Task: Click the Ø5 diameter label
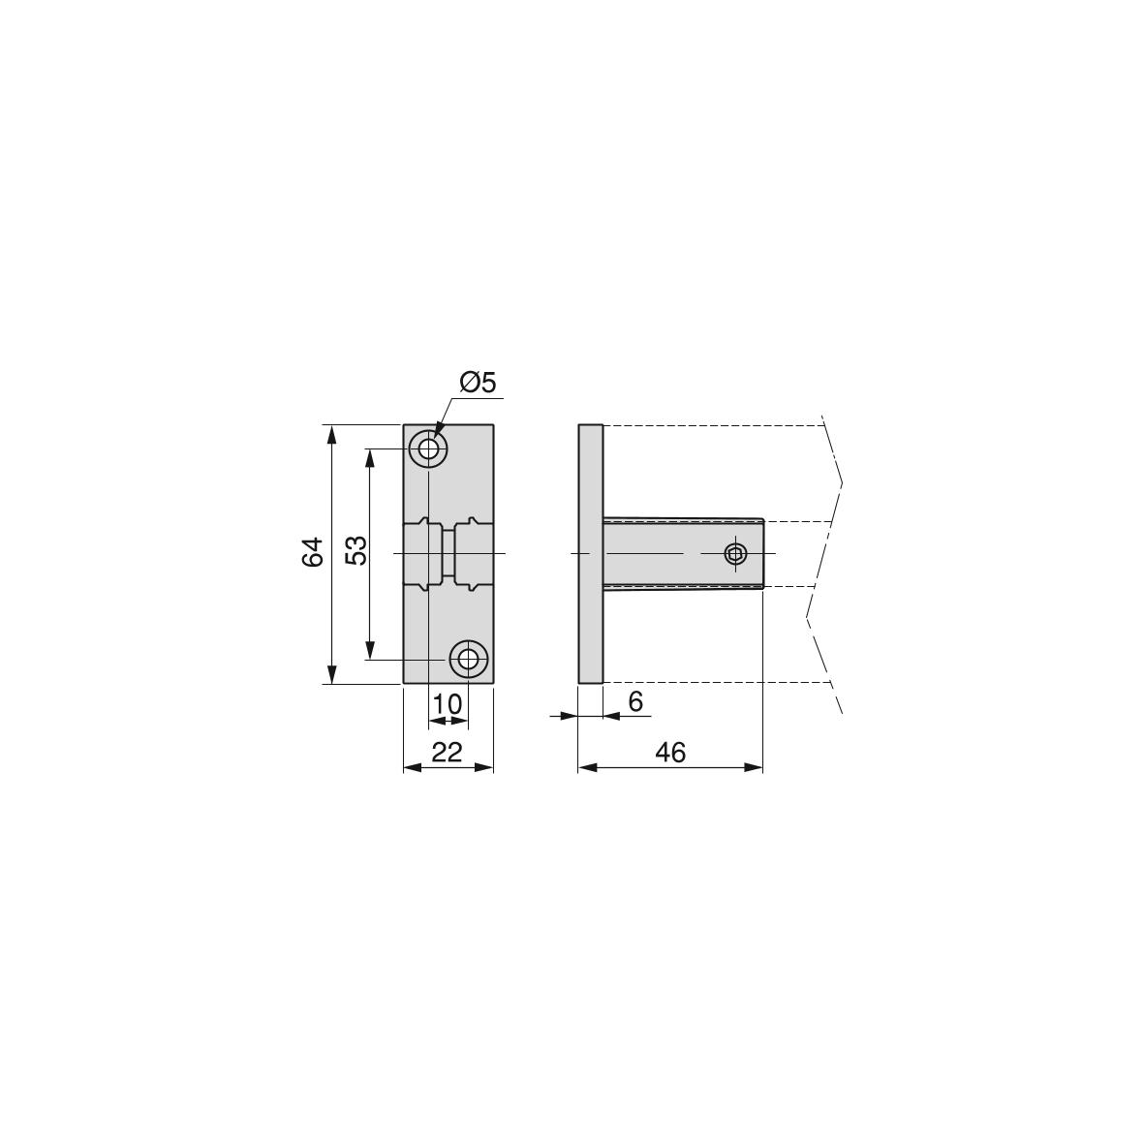pos(478,382)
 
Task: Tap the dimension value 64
pos(313,552)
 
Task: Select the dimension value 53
pos(356,551)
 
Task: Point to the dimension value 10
pos(448,705)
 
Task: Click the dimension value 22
pos(448,752)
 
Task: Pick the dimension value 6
pos(635,701)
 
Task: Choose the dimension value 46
pos(670,752)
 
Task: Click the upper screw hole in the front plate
pos(428,448)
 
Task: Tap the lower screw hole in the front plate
pos(469,661)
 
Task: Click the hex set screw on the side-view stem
pos(735,554)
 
